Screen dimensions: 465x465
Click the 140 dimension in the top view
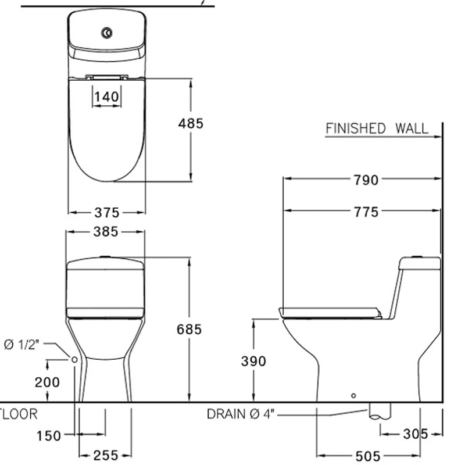pyautogui.click(x=106, y=97)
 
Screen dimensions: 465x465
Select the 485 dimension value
pyautogui.click(x=191, y=123)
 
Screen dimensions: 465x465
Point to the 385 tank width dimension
pyautogui.click(x=105, y=231)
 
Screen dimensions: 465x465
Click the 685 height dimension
pyautogui.click(x=189, y=329)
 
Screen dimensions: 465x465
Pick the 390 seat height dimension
pyautogui.click(x=253, y=361)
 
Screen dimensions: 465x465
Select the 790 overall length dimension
pyautogui.click(x=365, y=180)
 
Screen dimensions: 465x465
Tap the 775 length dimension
pyautogui.click(x=365, y=212)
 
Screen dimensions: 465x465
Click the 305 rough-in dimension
pyautogui.click(x=415, y=434)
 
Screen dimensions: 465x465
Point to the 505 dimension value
pyautogui.click(x=367, y=455)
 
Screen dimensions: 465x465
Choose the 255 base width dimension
pyautogui.click(x=105, y=455)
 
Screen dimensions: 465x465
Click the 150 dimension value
pyautogui.click(x=48, y=435)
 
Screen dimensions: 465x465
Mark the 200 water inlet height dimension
pyautogui.click(x=47, y=382)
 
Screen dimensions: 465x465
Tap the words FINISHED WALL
pyautogui.click(x=376, y=128)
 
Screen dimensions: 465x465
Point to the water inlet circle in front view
pyautogui.click(x=74, y=360)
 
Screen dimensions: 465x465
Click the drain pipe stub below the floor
pyautogui.click(x=380, y=412)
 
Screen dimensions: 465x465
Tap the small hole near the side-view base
pyautogui.click(x=353, y=396)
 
